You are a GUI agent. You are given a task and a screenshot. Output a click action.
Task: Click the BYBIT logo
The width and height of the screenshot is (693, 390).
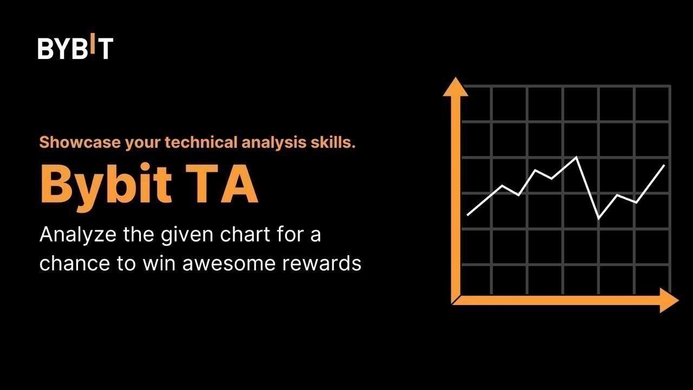75,46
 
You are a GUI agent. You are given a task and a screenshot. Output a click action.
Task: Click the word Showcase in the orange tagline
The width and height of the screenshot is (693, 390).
80,142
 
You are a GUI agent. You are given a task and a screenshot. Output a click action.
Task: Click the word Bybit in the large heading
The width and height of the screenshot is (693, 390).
106,187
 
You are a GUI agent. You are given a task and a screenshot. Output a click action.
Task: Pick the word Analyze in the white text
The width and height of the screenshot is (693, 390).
78,235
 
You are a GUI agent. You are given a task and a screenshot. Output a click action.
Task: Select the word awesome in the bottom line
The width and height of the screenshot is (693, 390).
229,264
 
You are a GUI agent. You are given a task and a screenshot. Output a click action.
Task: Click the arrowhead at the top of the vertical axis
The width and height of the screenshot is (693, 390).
455,87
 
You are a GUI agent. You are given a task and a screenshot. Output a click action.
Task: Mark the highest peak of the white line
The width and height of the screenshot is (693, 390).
577,157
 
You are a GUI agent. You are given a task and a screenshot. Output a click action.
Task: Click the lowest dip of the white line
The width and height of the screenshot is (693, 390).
599,218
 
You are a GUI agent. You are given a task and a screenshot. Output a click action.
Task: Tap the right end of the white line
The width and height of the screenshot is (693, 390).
664,166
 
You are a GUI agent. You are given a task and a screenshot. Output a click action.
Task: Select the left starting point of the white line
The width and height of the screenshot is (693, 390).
468,214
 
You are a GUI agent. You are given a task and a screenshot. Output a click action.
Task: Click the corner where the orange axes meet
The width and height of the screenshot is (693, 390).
454,302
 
